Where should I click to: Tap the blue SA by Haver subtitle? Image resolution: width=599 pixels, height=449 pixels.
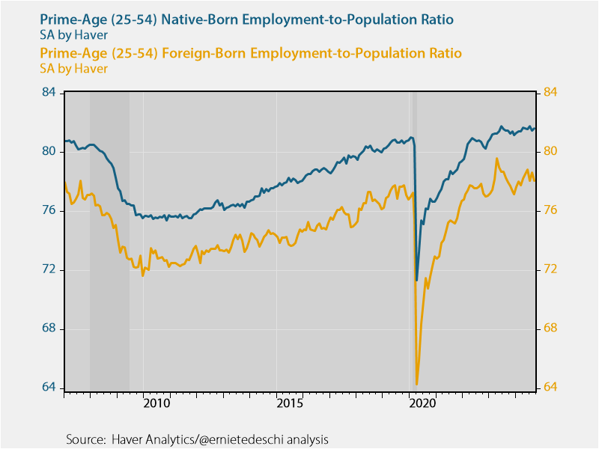point(73,34)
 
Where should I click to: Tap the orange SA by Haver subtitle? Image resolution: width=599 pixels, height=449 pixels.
point(73,69)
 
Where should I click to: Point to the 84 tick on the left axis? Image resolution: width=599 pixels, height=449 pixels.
point(49,93)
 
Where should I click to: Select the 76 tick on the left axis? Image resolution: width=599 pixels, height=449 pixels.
point(49,211)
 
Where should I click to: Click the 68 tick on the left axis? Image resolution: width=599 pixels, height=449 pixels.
point(49,329)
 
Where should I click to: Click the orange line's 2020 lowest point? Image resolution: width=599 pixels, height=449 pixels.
point(416,385)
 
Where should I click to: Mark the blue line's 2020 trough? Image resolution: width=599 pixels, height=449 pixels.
point(416,281)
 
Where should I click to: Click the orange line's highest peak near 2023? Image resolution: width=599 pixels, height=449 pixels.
point(496,159)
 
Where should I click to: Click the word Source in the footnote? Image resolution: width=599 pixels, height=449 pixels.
point(85,439)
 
